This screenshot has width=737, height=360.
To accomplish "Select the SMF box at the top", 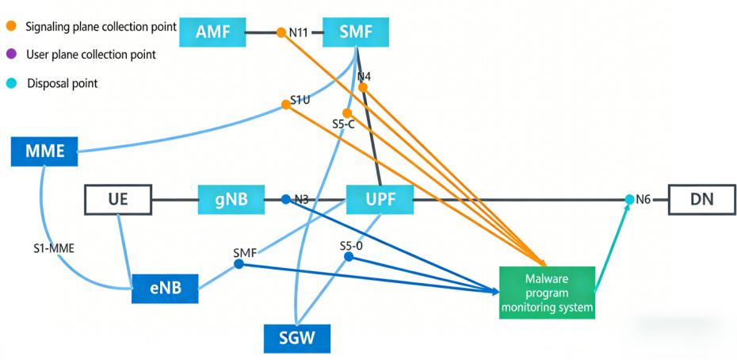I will tap(357, 33).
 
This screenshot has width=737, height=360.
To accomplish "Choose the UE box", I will tap(118, 200).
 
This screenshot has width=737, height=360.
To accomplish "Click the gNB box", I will tap(231, 200).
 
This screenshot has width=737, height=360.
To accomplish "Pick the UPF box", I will tap(380, 200).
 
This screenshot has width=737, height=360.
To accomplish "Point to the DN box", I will tap(701, 200).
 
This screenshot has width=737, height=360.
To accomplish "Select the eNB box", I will tap(164, 288).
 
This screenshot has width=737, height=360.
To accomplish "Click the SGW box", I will tap(296, 339).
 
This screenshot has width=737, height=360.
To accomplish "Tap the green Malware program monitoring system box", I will tap(547, 293).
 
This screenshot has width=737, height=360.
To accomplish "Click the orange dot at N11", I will tap(282, 33).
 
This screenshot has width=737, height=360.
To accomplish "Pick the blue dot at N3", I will tap(286, 200).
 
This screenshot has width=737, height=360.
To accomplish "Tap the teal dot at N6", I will tap(629, 199).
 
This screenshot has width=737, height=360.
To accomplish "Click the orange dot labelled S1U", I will tap(285, 105).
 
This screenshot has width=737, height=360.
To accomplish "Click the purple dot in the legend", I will tap(11, 55).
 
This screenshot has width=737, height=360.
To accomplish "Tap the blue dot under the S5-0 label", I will tap(349, 257).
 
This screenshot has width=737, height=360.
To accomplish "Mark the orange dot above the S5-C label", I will tap(346, 113).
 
